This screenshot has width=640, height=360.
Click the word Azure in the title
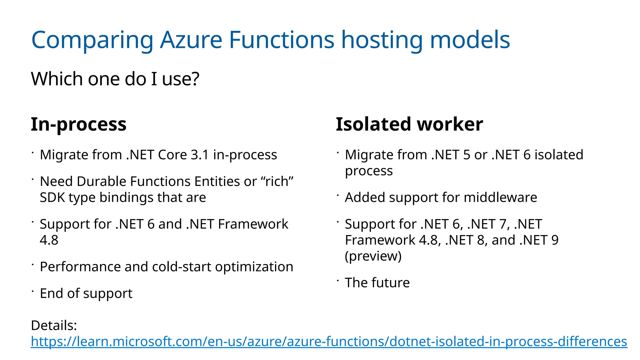191,40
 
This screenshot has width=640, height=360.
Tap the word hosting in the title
382,40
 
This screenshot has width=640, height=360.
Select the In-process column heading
78,124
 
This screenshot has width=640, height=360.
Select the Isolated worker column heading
409,124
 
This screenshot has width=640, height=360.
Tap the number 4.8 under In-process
49,240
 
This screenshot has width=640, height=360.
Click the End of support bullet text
86,293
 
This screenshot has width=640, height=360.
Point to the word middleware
500,197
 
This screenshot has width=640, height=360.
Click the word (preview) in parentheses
373,256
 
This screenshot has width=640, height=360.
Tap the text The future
377,282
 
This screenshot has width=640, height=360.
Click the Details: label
54,325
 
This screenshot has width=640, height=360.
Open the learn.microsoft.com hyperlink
329,341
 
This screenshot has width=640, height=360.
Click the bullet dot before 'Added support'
338,195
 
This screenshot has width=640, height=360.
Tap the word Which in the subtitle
57,79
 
